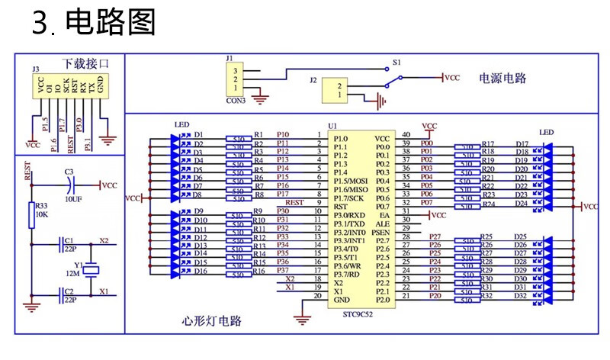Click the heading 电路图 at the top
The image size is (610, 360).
111,23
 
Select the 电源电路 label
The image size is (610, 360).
502,78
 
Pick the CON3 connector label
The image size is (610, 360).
236,101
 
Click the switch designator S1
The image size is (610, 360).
396,60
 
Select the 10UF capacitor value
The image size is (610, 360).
73,198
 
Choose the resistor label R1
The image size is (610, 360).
258,134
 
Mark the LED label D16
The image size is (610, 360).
201,271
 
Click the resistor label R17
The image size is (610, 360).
488,143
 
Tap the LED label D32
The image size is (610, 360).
521,296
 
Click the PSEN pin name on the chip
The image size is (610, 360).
381,231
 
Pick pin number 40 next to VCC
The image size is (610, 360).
406,134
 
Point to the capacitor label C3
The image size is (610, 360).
69,172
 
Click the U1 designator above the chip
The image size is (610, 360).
332,125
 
